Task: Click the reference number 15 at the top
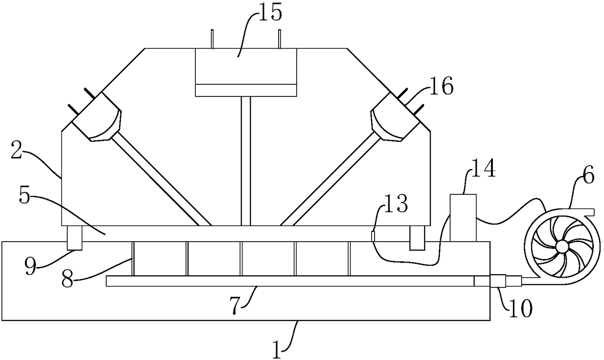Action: (x=271, y=13)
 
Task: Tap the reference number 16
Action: (x=441, y=88)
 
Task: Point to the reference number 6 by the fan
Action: (x=588, y=176)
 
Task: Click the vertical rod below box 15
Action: (x=246, y=161)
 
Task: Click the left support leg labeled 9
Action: (x=74, y=238)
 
